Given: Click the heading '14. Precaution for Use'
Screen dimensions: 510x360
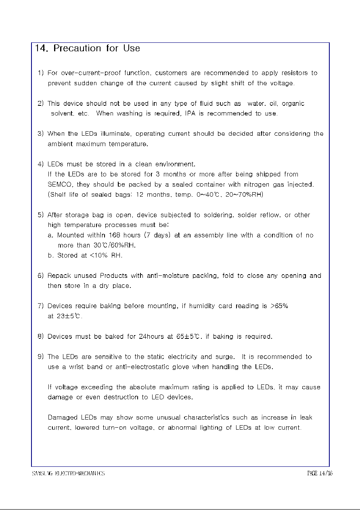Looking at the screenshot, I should point(87,48).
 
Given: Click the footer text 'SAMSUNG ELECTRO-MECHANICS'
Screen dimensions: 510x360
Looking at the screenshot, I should point(68,473).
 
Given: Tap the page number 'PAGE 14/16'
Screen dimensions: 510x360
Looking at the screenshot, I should point(319,473).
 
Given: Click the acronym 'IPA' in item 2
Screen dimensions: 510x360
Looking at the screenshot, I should point(190,113).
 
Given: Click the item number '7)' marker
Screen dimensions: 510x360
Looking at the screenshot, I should point(40,306).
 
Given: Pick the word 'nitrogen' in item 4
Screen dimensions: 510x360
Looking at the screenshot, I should point(258,185).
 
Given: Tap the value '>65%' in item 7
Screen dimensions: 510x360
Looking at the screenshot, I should point(279,306).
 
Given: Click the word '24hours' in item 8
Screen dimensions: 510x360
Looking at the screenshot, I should point(151,336).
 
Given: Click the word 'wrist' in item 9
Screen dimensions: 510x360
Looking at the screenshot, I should point(76,367).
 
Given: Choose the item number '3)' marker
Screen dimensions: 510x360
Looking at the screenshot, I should point(40,134).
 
